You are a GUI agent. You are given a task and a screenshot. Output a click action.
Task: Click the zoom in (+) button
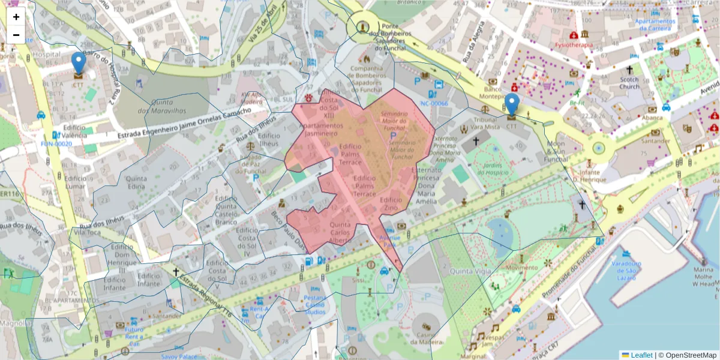[x=16, y=17]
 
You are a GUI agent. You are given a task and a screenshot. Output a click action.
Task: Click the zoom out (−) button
[x=16, y=35]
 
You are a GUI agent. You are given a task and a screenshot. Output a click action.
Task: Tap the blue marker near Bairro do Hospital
[x=78, y=63]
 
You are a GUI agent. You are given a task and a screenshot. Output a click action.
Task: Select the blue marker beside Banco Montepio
[x=512, y=104]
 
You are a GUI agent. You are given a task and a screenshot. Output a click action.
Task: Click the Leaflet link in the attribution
[x=641, y=355]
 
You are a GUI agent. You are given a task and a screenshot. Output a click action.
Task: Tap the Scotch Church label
[x=629, y=83]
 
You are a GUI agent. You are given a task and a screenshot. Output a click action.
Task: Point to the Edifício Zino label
[x=391, y=204]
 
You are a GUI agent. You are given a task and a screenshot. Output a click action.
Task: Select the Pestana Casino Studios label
[x=314, y=305]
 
